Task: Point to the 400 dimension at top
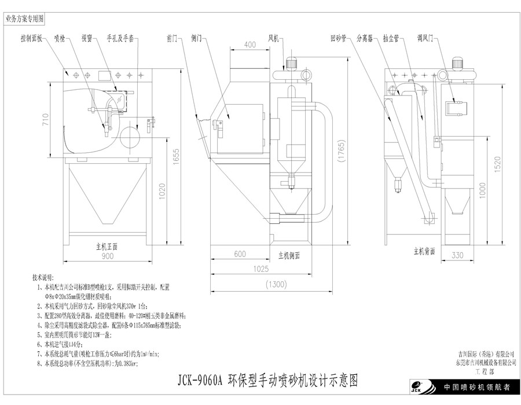250,45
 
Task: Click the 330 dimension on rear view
457,255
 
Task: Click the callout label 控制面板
32,39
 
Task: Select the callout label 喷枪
60,39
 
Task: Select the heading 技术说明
45,277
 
